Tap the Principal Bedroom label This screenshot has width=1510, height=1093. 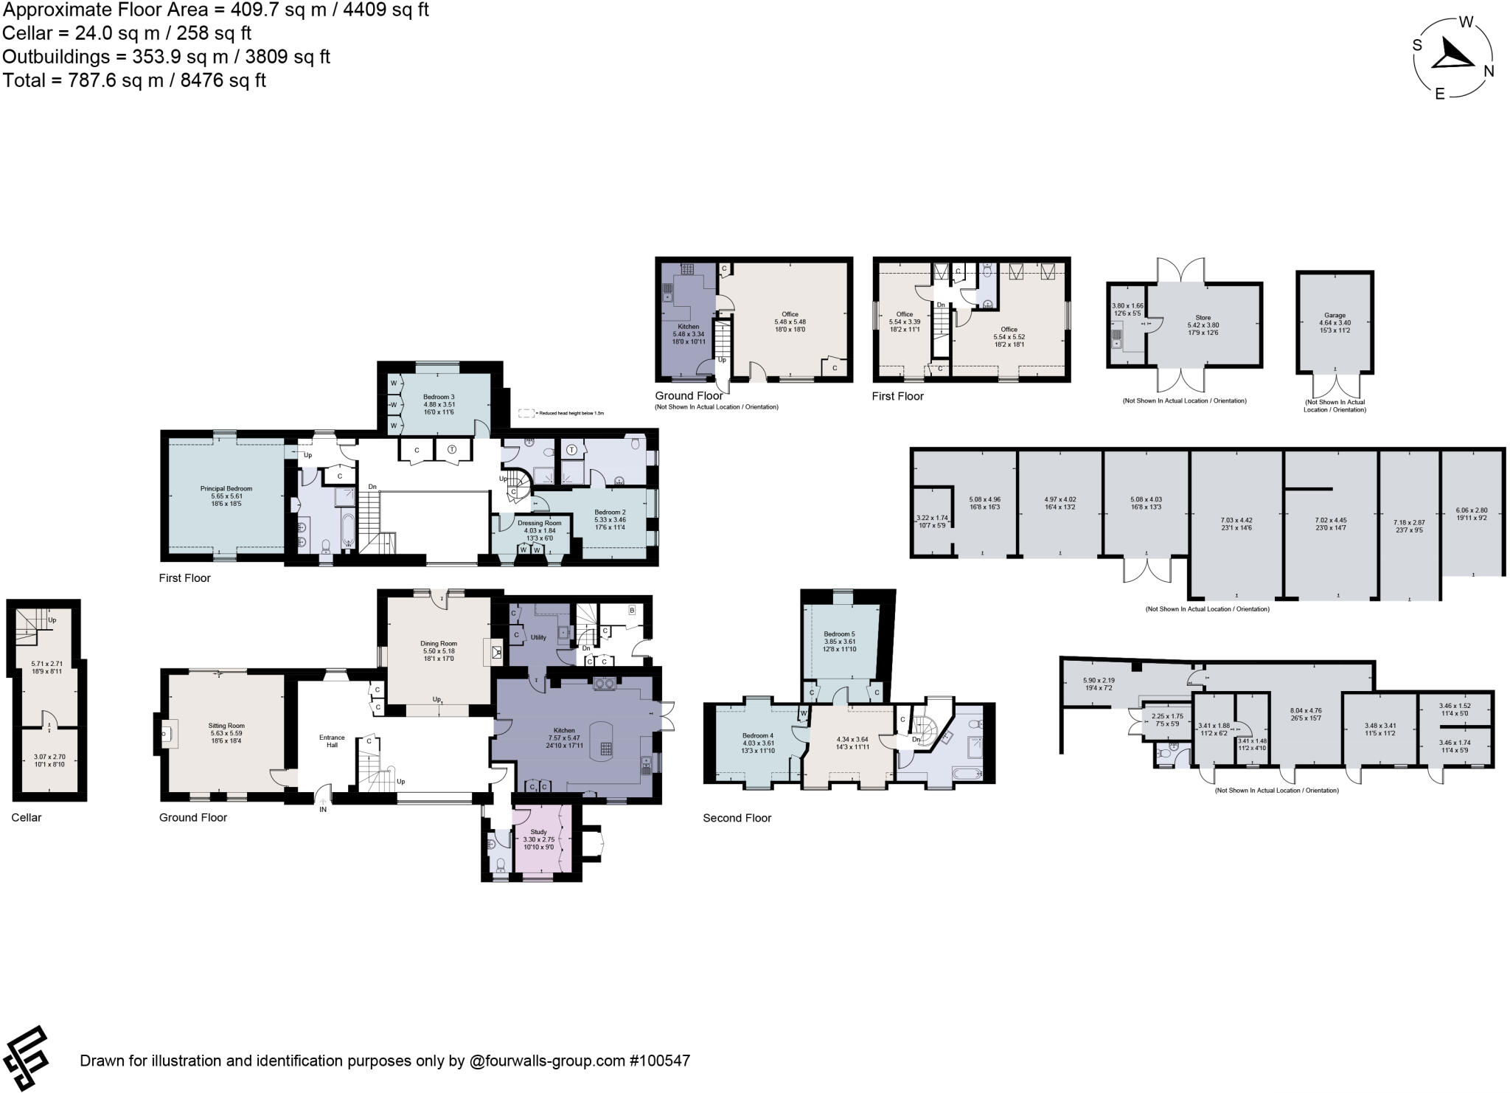(x=226, y=488)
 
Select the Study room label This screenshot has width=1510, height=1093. (x=538, y=831)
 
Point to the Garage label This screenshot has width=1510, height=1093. (x=1335, y=315)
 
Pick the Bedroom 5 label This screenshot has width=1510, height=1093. (x=839, y=634)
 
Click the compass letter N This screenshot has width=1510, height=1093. (x=1489, y=71)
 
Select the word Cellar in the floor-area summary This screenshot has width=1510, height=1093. (x=27, y=33)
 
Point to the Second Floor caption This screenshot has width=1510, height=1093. (x=737, y=818)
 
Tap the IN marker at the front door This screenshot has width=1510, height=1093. (x=323, y=809)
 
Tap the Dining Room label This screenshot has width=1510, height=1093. (x=439, y=644)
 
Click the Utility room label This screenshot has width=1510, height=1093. (x=538, y=637)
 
